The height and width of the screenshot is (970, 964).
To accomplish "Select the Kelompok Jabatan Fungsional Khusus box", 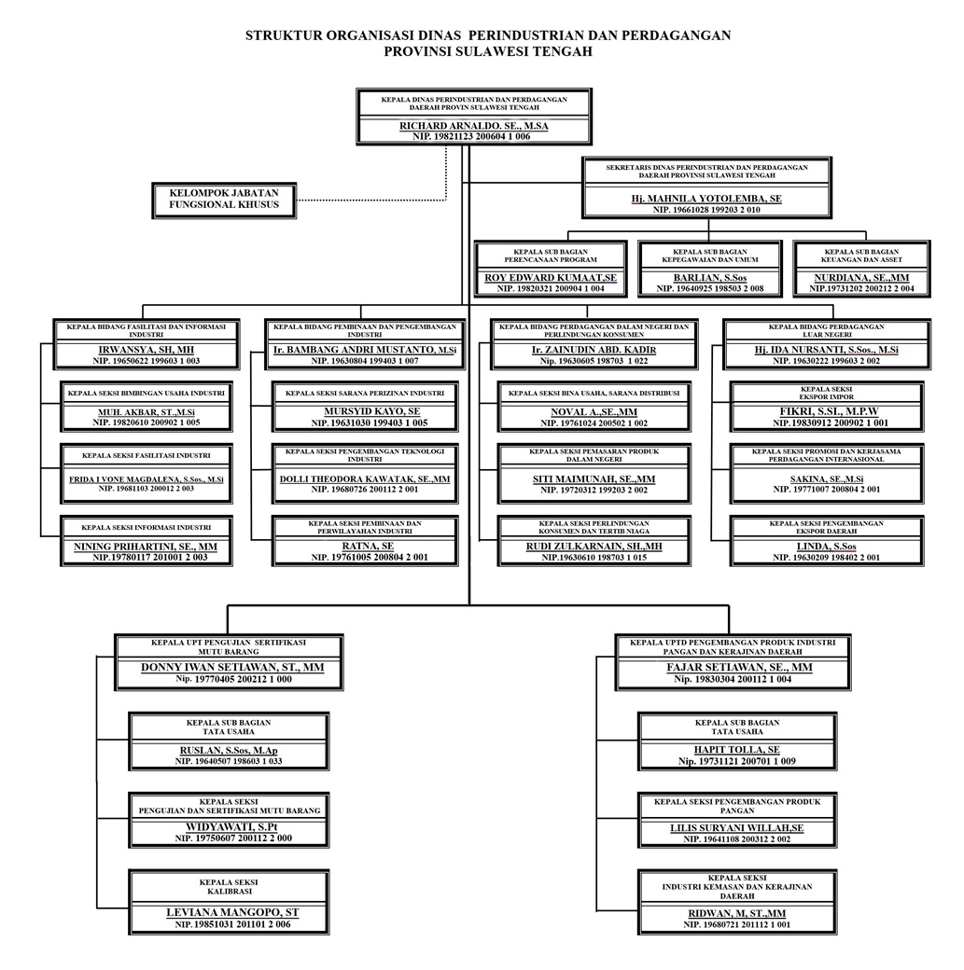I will coord(224,198).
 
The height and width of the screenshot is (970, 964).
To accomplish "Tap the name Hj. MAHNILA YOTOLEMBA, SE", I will coord(706,199).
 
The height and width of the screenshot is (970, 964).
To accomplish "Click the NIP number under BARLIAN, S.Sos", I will coord(710,289).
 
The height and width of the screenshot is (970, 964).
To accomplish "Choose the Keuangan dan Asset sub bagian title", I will coord(861,256).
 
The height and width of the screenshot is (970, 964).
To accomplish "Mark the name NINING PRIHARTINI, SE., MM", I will coord(146,546).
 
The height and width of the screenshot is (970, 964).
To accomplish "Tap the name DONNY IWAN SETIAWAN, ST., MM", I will coord(232,668).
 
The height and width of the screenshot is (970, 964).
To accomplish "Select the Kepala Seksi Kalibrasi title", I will coord(229,886).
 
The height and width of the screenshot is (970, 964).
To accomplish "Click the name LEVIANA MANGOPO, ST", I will coord(232,912).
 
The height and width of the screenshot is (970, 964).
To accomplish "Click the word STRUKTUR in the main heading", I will coord(283,36).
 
